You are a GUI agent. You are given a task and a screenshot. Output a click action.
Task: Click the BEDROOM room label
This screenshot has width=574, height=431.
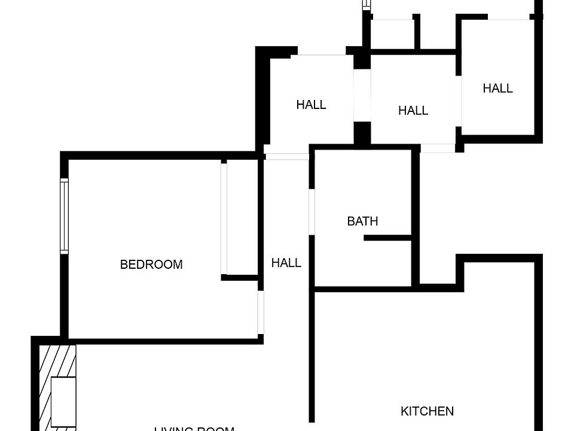coord(151,265)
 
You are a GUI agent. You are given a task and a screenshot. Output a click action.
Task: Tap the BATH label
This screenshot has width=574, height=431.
coord(362,221)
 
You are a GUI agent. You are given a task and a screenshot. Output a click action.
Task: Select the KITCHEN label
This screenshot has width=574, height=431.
coord(427,411)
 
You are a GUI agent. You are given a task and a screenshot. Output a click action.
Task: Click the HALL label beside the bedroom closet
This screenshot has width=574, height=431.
coord(286,263)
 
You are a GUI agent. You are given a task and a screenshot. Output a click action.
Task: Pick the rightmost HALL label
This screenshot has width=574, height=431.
coord(497,89)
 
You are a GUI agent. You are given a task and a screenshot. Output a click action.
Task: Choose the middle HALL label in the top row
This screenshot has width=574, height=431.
coord(413,111)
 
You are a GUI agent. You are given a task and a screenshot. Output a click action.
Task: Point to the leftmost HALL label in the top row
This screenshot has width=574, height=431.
coord(311,105)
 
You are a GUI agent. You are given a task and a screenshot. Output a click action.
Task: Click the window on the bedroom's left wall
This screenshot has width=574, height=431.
coord(65,215)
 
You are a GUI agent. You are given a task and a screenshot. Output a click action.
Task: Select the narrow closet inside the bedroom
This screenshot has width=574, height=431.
coord(240,218)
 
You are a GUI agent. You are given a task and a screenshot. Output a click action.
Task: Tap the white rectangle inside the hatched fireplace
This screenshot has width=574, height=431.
coord(63,400)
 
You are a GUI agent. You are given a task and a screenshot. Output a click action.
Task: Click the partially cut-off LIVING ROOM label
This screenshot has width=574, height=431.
coord(194,428)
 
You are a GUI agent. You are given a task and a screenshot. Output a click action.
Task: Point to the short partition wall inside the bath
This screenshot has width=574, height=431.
coord(387,238)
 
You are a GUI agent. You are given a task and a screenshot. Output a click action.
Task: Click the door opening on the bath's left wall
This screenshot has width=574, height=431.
coord(312,212)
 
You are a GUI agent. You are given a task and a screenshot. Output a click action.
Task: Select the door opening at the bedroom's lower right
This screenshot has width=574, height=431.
coord(261,312)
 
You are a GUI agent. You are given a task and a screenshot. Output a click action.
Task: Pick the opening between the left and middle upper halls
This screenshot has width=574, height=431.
coord(362,96)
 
